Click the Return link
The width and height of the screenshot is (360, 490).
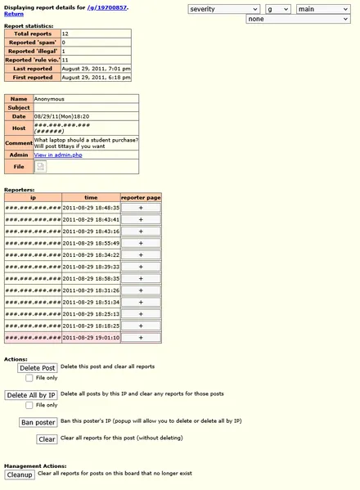[14, 14]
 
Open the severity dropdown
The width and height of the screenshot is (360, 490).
[223, 9]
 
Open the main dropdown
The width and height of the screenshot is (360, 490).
[322, 9]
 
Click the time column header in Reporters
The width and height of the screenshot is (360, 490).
[90, 197]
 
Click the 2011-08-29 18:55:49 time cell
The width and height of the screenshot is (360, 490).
[90, 243]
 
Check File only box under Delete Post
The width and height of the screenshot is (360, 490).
[29, 378]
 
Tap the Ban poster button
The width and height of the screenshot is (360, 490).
[38, 422]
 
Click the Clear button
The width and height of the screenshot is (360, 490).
[47, 439]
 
